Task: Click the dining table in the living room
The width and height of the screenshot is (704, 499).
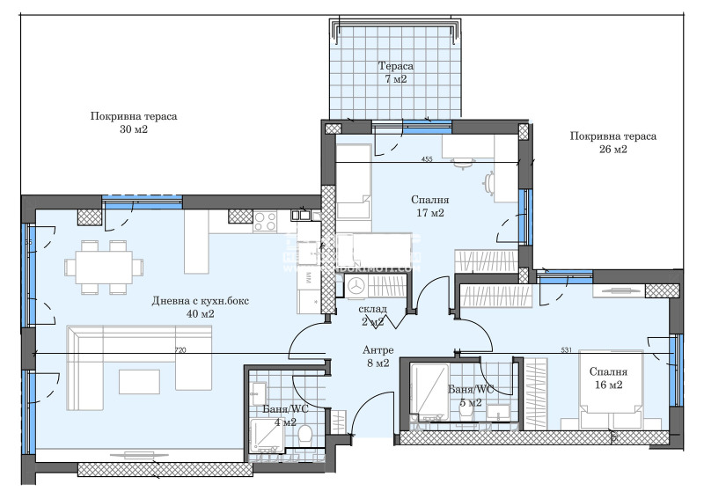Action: click(x=104, y=265)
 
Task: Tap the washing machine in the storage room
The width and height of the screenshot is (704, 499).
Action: click(x=356, y=287)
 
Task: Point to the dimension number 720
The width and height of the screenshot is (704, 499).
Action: click(x=180, y=350)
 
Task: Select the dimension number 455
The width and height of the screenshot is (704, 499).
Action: click(x=427, y=159)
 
